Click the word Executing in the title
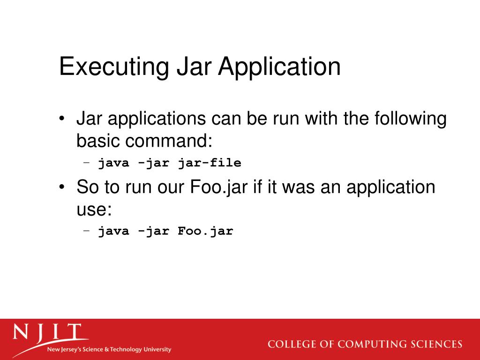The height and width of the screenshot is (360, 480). tap(114, 67)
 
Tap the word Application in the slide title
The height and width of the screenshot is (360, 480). tap(279, 67)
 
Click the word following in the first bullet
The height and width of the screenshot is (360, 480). tap(410, 119)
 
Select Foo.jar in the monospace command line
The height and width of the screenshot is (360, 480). tap(205, 231)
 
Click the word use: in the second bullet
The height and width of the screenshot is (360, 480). tap(94, 209)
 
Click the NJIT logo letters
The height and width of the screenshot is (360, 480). tap(47, 333)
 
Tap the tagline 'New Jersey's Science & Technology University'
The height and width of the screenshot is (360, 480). tap(109, 350)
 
